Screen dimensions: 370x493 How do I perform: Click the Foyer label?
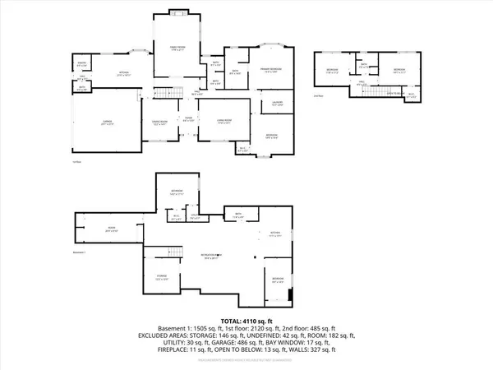188,119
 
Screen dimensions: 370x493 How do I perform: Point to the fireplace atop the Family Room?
177,12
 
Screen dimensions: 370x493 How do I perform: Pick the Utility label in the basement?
196,218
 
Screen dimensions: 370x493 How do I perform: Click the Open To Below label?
395,94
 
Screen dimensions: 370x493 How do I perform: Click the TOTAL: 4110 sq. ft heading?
246,321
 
